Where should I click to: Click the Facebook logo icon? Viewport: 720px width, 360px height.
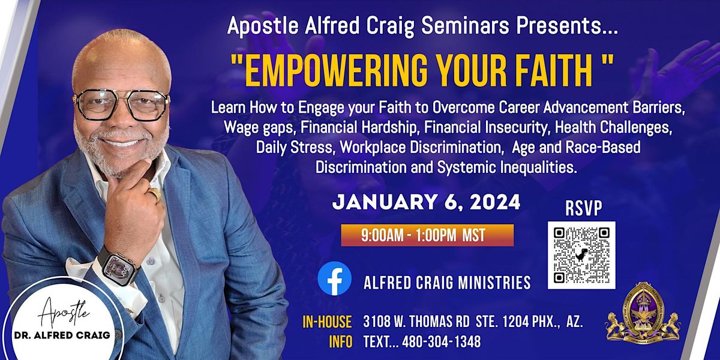click(x=334, y=278)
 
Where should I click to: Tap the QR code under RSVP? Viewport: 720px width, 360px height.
click(x=581, y=255)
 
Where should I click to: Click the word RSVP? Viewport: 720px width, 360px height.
click(x=584, y=208)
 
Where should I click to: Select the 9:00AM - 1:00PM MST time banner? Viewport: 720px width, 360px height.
click(x=427, y=235)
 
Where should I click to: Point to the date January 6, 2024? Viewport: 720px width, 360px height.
click(x=426, y=202)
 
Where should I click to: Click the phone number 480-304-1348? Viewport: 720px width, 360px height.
click(x=442, y=341)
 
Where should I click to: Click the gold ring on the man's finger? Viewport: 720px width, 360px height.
click(x=154, y=194)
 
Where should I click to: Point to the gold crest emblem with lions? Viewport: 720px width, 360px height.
click(x=643, y=313)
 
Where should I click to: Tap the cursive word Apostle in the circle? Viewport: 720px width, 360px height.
click(x=64, y=313)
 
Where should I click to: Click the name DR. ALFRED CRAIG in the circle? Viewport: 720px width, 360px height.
click(x=62, y=335)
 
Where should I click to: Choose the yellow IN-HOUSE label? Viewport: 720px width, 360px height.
click(x=327, y=322)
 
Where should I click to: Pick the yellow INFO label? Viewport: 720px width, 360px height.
click(x=341, y=342)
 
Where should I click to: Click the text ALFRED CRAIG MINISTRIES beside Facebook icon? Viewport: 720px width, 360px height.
click(x=447, y=283)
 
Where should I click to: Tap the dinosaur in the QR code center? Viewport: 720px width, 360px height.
click(x=581, y=255)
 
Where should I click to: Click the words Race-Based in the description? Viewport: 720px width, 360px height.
click(x=603, y=147)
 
